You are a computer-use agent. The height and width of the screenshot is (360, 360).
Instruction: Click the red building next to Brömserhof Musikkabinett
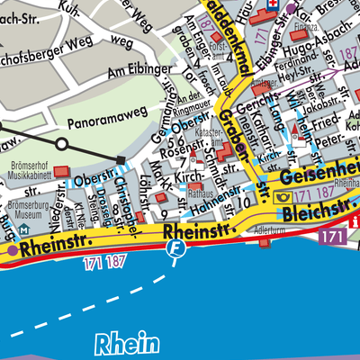(61, 171)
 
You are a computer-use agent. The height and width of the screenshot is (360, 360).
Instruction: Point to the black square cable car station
(121, 160)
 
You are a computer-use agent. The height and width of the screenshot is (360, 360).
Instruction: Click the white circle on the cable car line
(61, 143)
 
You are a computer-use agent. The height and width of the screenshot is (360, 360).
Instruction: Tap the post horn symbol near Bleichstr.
(285, 196)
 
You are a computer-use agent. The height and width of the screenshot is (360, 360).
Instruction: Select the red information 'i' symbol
(355, 220)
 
